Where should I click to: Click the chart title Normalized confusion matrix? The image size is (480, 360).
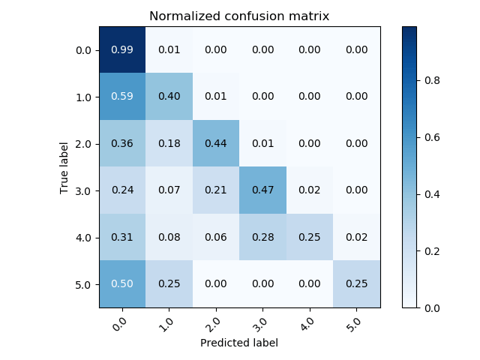pyautogui.click(x=239, y=16)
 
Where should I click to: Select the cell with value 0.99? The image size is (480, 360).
pyautogui.click(x=122, y=49)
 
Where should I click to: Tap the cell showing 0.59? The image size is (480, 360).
pyautogui.click(x=122, y=97)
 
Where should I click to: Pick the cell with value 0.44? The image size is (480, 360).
pyautogui.click(x=216, y=143)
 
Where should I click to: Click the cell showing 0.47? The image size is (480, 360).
pyautogui.click(x=263, y=190)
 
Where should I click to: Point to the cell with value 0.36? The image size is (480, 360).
pyautogui.click(x=122, y=143)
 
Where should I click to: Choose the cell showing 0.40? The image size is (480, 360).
pyautogui.click(x=169, y=97)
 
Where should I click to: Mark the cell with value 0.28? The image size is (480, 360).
pyautogui.click(x=263, y=237)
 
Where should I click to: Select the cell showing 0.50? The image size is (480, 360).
pyautogui.click(x=122, y=284)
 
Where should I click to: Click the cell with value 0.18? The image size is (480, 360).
pyautogui.click(x=169, y=143)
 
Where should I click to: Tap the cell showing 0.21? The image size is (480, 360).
pyautogui.click(x=216, y=190)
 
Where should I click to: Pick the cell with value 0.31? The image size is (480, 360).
pyautogui.click(x=122, y=237)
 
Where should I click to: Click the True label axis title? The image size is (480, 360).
pyautogui.click(x=64, y=167)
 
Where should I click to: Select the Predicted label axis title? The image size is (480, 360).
pyautogui.click(x=239, y=343)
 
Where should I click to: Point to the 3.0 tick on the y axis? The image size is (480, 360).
pyautogui.click(x=82, y=190)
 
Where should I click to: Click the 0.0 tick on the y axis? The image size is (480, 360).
pyautogui.click(x=82, y=50)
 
